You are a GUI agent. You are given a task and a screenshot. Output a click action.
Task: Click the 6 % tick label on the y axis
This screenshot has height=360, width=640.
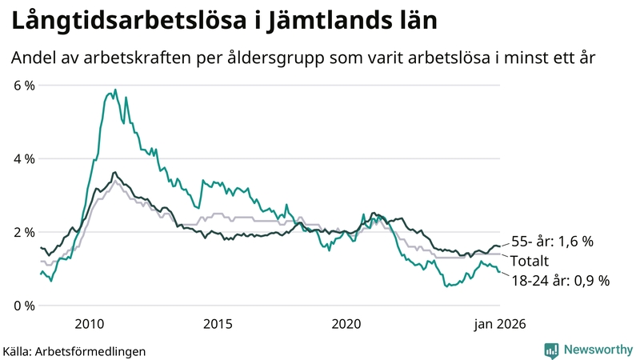tap(24, 85)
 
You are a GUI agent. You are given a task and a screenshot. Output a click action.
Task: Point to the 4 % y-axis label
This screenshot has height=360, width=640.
tap(24, 158)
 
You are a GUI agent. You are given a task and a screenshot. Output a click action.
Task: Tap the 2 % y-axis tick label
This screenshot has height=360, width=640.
tap(24, 232)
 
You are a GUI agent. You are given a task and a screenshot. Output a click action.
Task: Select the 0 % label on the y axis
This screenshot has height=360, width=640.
tap(24, 306)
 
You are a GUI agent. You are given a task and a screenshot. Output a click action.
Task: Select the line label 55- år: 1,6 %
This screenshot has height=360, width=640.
tap(552, 242)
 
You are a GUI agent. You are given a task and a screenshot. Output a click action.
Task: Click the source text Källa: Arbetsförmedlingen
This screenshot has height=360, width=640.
tap(74, 350)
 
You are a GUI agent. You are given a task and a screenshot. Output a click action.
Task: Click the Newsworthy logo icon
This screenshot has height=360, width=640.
tap(551, 350)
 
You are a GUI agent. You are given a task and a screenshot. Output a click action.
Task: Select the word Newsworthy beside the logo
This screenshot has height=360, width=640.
tap(598, 350)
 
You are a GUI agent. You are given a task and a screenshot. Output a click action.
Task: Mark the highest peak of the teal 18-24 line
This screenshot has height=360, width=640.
tap(114, 90)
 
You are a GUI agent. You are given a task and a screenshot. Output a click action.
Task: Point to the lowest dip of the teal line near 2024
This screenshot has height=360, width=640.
tap(446, 286)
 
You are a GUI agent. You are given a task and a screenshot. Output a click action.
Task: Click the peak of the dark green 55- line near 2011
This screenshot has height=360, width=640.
tap(114, 172)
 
